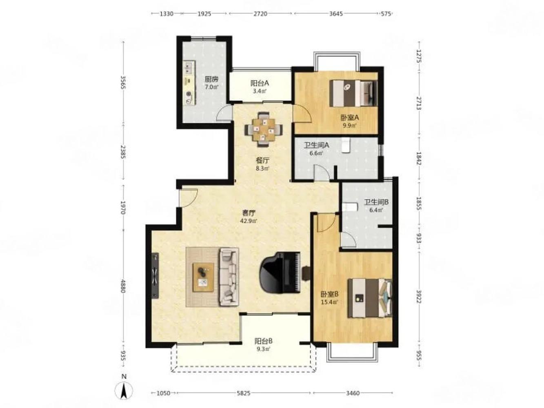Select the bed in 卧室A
click(353, 93)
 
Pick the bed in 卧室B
click(369, 298)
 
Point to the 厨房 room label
click(211, 79)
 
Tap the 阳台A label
click(260, 83)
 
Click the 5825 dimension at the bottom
click(244, 393)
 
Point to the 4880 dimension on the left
click(123, 286)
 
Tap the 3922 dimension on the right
click(419, 297)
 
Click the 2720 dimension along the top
click(260, 14)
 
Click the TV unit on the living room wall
click(155, 275)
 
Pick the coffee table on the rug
click(203, 277)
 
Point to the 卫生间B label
click(376, 202)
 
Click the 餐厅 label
click(262, 160)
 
